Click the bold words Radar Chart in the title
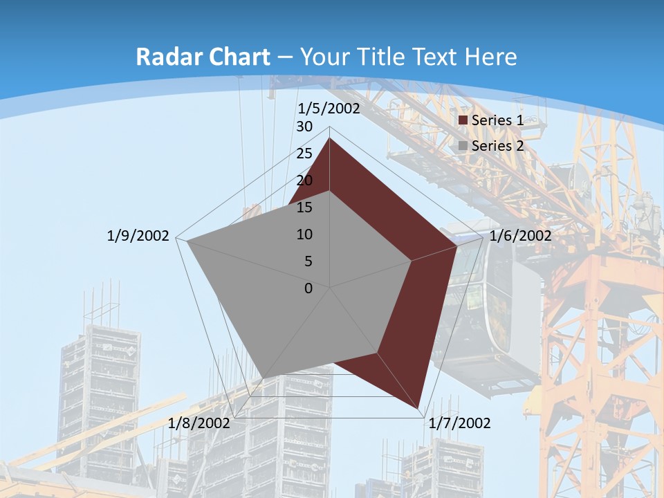pyautogui.click(x=203, y=57)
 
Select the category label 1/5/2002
pyautogui.click(x=329, y=109)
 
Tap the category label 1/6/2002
pyautogui.click(x=520, y=236)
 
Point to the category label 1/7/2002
pyautogui.click(x=459, y=423)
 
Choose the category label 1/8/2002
pyautogui.click(x=199, y=423)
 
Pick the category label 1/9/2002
pyautogui.click(x=138, y=236)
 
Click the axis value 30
pyautogui.click(x=304, y=127)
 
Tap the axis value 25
pyautogui.click(x=304, y=154)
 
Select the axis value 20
pyautogui.click(x=304, y=181)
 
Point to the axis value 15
pyautogui.click(x=304, y=207)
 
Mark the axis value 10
pyautogui.click(x=304, y=234)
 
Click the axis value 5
pyautogui.click(x=308, y=261)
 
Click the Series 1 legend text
pyautogui.click(x=497, y=120)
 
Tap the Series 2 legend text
pyautogui.click(x=497, y=146)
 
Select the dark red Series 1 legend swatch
pyautogui.click(x=463, y=121)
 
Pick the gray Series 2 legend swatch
pyautogui.click(x=463, y=147)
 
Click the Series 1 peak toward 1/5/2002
pyautogui.click(x=329, y=138)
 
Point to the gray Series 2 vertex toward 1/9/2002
pyautogui.click(x=187, y=241)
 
